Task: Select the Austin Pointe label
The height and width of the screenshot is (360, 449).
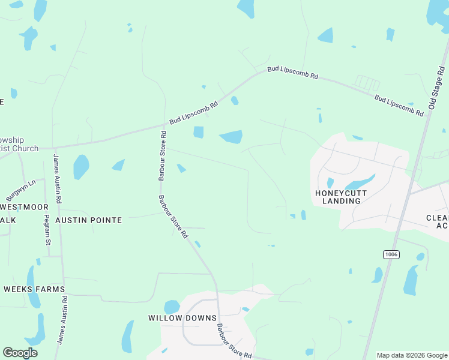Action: (88, 220)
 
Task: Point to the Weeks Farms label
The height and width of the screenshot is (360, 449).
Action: (34, 289)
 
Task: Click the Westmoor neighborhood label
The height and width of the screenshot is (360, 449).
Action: (24, 206)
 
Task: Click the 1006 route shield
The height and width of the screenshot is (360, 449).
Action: (391, 254)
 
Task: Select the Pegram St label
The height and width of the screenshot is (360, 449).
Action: (47, 227)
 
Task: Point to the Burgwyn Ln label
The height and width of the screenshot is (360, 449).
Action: (21, 190)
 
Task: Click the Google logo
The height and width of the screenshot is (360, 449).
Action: (20, 353)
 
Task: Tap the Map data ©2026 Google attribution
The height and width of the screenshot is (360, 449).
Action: (411, 355)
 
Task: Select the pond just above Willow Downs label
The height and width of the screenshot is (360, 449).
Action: (172, 306)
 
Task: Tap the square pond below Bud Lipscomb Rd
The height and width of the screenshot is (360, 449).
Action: (198, 132)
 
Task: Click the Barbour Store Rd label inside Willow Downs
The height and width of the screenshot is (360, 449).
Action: (234, 342)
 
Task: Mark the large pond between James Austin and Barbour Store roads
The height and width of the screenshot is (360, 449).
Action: (80, 167)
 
